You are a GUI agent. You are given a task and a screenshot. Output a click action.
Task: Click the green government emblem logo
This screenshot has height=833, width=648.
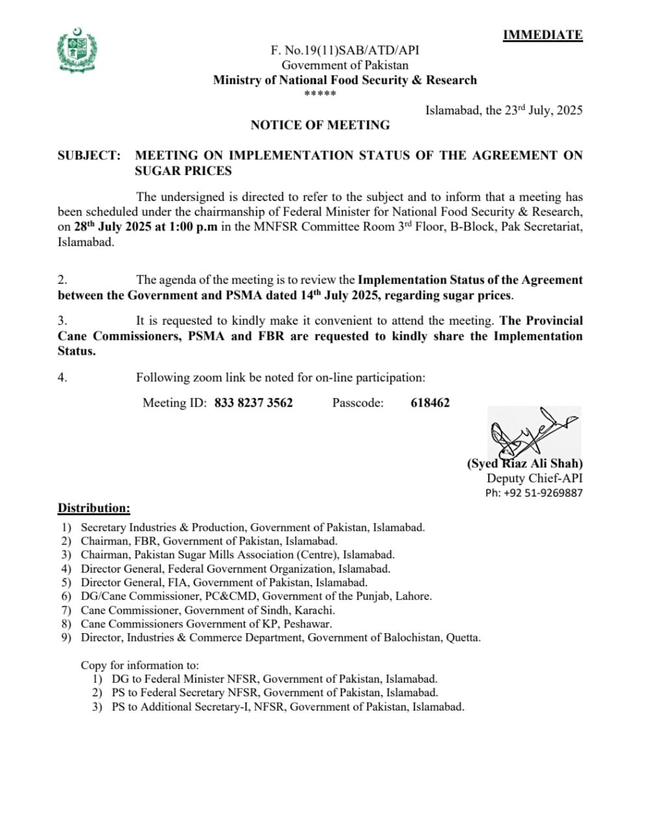[x=77, y=51]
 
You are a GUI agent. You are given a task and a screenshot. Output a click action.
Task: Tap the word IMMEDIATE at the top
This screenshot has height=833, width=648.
[x=542, y=35]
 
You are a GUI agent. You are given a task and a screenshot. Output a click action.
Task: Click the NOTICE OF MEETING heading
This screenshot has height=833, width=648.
[x=320, y=125]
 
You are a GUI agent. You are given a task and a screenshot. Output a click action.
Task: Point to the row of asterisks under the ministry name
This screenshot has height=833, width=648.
[x=320, y=94]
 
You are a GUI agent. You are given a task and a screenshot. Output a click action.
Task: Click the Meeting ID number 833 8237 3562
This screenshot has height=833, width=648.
[x=253, y=403]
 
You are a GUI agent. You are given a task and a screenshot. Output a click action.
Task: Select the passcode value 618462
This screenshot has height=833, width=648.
[x=430, y=403]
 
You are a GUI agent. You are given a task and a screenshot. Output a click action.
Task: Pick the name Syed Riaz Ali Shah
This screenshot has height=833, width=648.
[x=524, y=463]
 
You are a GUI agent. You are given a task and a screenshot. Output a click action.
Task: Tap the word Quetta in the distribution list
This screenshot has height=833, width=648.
[x=462, y=637]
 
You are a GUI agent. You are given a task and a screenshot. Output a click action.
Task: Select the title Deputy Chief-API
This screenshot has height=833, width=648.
[x=534, y=478]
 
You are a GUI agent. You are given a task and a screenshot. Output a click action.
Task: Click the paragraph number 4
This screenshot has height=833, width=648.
[x=62, y=377]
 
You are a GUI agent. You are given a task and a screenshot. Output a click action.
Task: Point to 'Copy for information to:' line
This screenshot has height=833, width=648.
[x=140, y=665]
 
